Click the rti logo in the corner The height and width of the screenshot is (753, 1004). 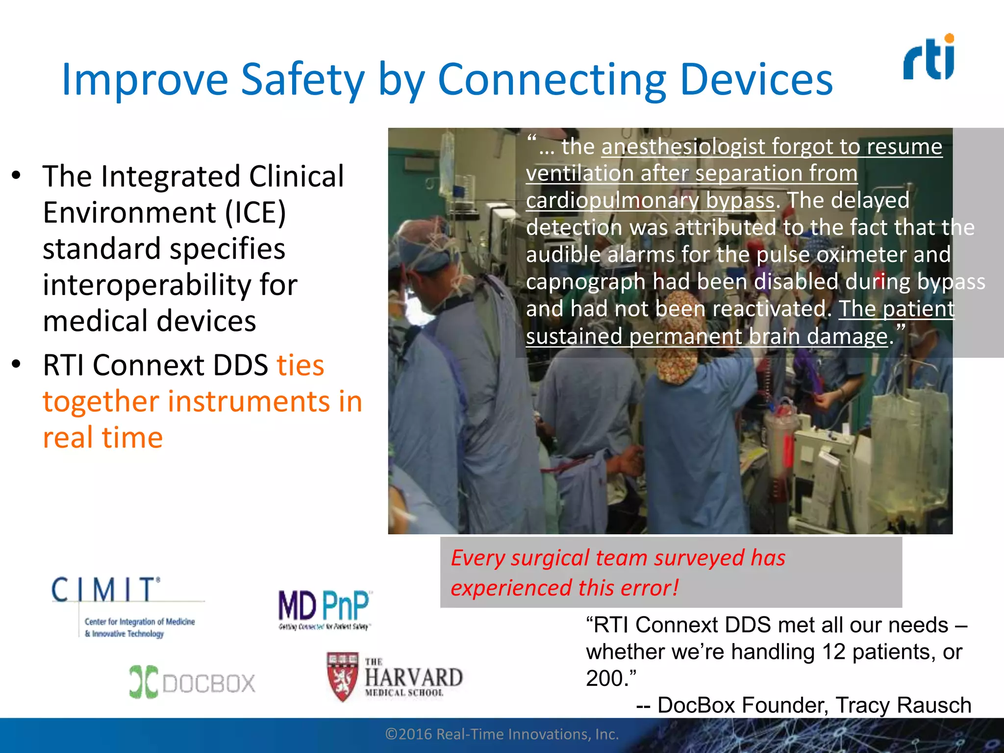pos(929,57)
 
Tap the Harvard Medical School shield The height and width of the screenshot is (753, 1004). pos(343,676)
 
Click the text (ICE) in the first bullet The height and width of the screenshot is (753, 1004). pos(255,213)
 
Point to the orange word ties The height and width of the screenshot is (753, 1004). pos(300,365)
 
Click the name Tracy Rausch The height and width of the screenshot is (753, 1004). pos(903,705)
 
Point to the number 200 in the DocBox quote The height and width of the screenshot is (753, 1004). pos(604,678)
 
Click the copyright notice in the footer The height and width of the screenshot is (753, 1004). pos(502,734)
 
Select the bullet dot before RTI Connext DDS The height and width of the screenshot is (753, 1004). pos(16,364)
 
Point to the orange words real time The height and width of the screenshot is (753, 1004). pos(102,437)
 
